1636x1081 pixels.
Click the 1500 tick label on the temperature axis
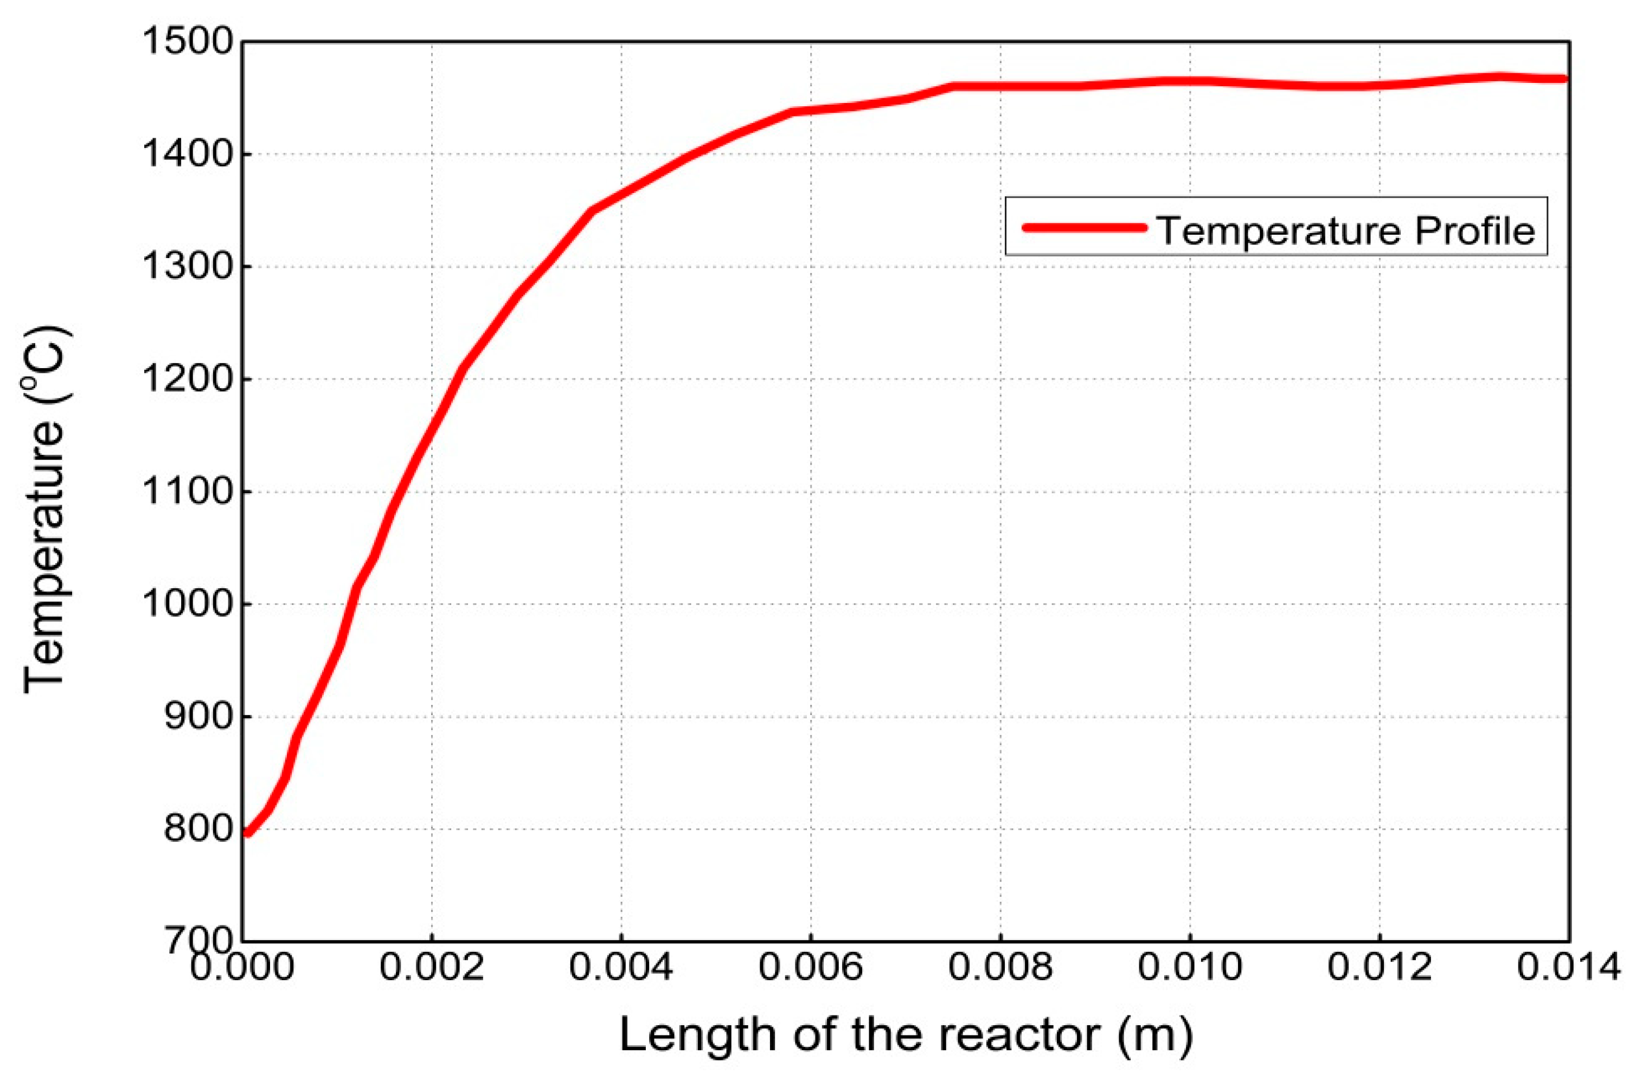point(188,41)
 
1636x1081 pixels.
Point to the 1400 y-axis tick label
point(188,154)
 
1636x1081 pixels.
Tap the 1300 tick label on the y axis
point(188,266)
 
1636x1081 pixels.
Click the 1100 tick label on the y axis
point(188,492)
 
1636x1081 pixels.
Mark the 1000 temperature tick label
point(188,604)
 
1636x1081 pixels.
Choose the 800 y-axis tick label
point(198,829)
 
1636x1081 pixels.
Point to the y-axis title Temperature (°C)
point(46,510)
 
